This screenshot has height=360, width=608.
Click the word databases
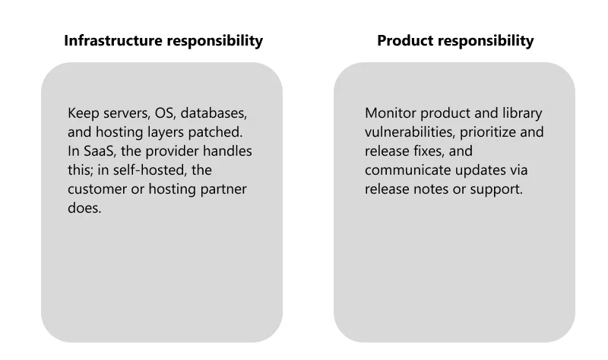(x=214, y=113)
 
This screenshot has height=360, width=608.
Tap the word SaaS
(x=100, y=151)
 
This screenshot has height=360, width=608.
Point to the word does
(x=84, y=208)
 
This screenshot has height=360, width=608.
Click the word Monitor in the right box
(x=391, y=113)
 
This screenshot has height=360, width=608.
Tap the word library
(x=522, y=113)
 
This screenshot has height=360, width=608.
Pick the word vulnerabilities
(x=410, y=132)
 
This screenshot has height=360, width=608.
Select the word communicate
(x=408, y=170)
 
